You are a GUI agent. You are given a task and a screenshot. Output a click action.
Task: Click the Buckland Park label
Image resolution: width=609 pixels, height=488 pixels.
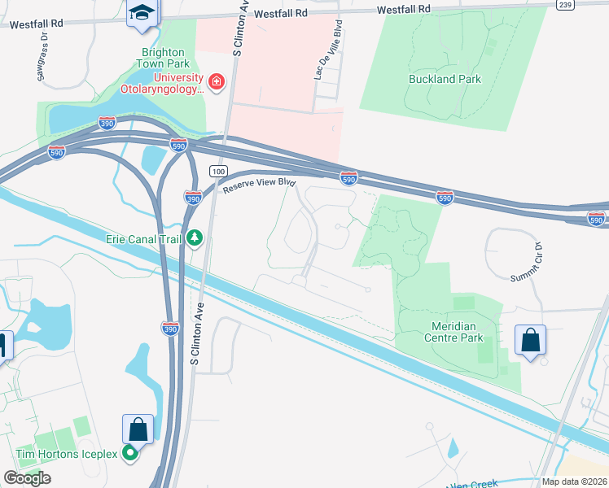coord(445,80)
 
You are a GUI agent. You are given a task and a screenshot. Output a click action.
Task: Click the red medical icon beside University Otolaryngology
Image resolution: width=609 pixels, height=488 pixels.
coord(216,81)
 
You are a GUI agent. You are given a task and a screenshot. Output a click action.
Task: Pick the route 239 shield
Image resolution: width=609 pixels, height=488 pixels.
coord(566,4)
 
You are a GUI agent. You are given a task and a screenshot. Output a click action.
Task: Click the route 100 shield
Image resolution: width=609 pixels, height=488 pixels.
coord(217,171)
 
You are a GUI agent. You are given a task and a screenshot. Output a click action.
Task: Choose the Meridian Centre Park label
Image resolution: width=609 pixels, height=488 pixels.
coord(445,332)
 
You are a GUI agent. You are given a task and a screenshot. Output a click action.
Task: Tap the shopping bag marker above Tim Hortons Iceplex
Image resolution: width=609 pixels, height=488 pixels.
coord(138,429)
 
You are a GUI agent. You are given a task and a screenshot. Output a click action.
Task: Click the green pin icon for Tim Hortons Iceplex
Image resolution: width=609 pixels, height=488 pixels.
coord(129,454)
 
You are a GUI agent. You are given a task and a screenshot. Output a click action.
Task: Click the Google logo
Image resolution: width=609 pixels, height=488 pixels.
coord(27,478)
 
